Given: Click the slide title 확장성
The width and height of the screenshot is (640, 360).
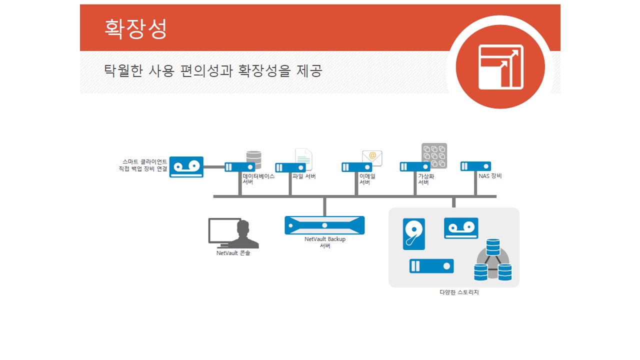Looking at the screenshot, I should tap(135, 28).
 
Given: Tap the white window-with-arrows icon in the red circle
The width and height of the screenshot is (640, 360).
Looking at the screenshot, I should tap(500, 67).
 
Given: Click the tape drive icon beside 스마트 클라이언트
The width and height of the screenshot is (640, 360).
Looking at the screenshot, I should tap(186, 167).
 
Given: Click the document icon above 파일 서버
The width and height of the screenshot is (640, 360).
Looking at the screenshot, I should tap(303, 158).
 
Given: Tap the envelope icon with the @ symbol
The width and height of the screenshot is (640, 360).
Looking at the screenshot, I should tap(372, 158).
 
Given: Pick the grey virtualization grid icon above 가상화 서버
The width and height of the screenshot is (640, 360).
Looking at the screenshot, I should tap(434, 155).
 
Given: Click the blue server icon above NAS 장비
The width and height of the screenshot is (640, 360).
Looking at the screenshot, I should tap(475, 166).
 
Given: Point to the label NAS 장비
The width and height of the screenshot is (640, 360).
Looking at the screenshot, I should tap(489, 176).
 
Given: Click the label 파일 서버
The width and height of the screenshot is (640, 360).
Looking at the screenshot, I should tap(304, 176).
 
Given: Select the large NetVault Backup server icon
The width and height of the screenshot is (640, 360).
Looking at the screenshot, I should tap(324, 225).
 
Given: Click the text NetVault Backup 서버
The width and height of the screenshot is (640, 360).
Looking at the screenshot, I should tap(325, 242).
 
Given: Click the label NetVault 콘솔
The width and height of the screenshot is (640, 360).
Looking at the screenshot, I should tap(233, 253).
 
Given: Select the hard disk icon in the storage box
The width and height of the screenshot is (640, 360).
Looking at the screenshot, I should tap(414, 234).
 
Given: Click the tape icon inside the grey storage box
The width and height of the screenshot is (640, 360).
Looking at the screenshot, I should tap(461, 228).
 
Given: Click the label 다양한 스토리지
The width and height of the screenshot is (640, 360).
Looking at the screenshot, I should tap(459, 292).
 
